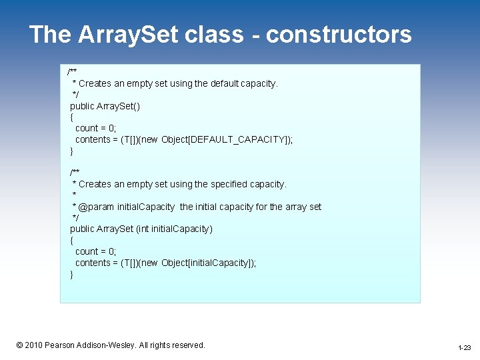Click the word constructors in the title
pyautogui.click(x=339, y=35)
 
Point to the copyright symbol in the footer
pyautogui.click(x=20, y=345)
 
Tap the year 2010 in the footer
pyautogui.click(x=33, y=345)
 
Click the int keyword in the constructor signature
pyautogui.click(x=143, y=229)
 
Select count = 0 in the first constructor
pyautogui.click(x=95, y=128)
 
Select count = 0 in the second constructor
pyautogui.click(x=95, y=251)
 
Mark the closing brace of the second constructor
pyautogui.click(x=71, y=274)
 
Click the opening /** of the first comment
pyautogui.click(x=72, y=71)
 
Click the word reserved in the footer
pyautogui.click(x=185, y=345)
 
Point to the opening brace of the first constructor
pyautogui.click(x=71, y=117)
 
